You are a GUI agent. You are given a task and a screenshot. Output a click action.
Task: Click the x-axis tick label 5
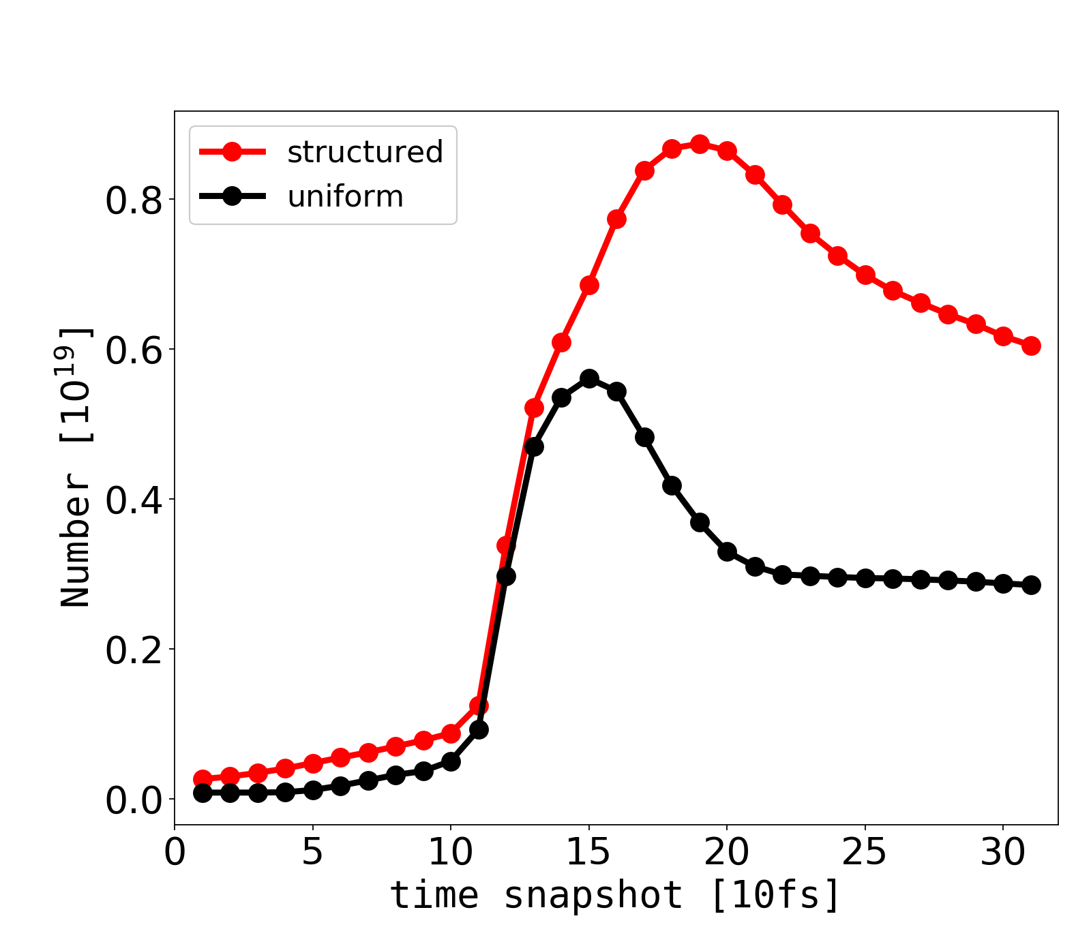tap(313, 853)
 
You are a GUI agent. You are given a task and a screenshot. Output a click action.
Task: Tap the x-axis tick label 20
tap(727, 853)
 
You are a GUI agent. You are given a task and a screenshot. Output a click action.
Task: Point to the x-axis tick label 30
tap(1003, 853)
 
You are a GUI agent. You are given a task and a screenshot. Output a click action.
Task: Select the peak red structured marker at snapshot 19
tap(700, 145)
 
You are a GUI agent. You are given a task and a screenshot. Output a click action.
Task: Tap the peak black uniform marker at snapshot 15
tap(589, 378)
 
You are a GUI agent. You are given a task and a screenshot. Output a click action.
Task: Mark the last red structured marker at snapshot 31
tap(1031, 346)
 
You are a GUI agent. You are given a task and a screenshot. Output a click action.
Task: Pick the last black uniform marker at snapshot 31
tap(1031, 585)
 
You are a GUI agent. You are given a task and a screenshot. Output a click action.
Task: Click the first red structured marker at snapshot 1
tap(203, 779)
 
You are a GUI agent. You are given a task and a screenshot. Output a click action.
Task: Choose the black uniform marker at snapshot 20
tap(727, 551)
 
